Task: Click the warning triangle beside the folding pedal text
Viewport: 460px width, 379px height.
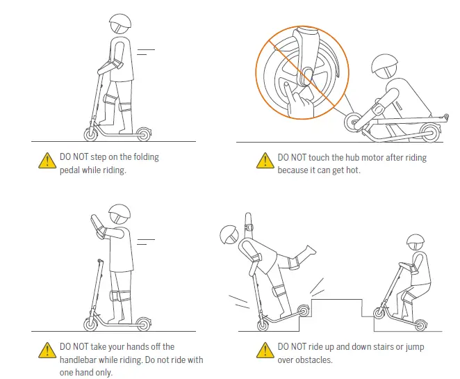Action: pyautogui.click(x=47, y=160)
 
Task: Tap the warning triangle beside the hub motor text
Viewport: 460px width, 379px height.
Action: pyautogui.click(x=264, y=161)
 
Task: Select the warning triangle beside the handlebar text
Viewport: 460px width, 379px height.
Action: pyautogui.click(x=47, y=350)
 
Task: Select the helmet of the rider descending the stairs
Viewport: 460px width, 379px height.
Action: pyautogui.click(x=416, y=242)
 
